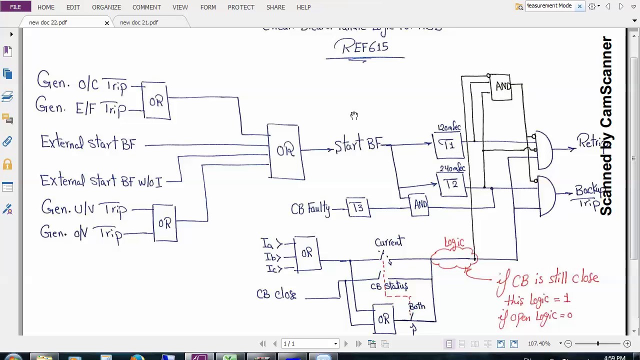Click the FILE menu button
click(x=15, y=7)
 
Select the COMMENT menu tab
click(x=146, y=7)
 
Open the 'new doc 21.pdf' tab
click(x=139, y=22)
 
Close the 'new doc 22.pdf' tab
click(x=106, y=23)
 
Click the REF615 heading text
click(x=365, y=47)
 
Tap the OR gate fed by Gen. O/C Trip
click(x=156, y=101)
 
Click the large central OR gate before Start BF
click(x=285, y=151)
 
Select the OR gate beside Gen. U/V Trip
click(x=164, y=223)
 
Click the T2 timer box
click(x=451, y=184)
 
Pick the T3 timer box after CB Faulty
click(x=358, y=207)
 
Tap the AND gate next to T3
click(x=420, y=204)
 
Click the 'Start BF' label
click(x=357, y=145)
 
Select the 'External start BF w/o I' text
click(x=101, y=180)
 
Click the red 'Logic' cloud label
click(x=454, y=243)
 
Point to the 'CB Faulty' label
click(x=310, y=208)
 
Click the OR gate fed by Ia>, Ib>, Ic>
click(x=307, y=253)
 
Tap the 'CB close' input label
click(x=276, y=294)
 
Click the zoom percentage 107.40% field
click(x=539, y=344)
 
